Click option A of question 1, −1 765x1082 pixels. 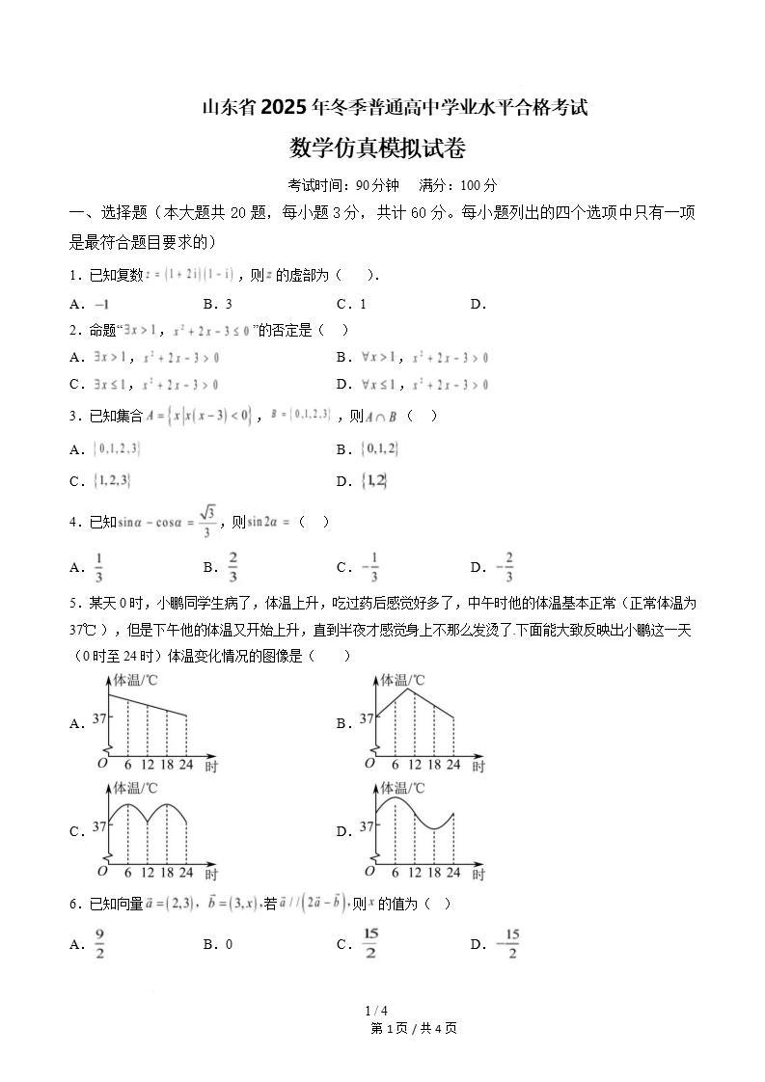pyautogui.click(x=101, y=304)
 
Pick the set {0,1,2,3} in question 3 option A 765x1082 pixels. pyautogui.click(x=118, y=448)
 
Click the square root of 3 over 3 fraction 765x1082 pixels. pyautogui.click(x=205, y=522)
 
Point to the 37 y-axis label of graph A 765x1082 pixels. pyautogui.click(x=99, y=717)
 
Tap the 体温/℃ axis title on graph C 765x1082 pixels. pyautogui.click(x=137, y=787)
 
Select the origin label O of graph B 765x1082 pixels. pyautogui.click(x=369, y=764)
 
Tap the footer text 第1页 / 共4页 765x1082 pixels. pyautogui.click(x=413, y=1028)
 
